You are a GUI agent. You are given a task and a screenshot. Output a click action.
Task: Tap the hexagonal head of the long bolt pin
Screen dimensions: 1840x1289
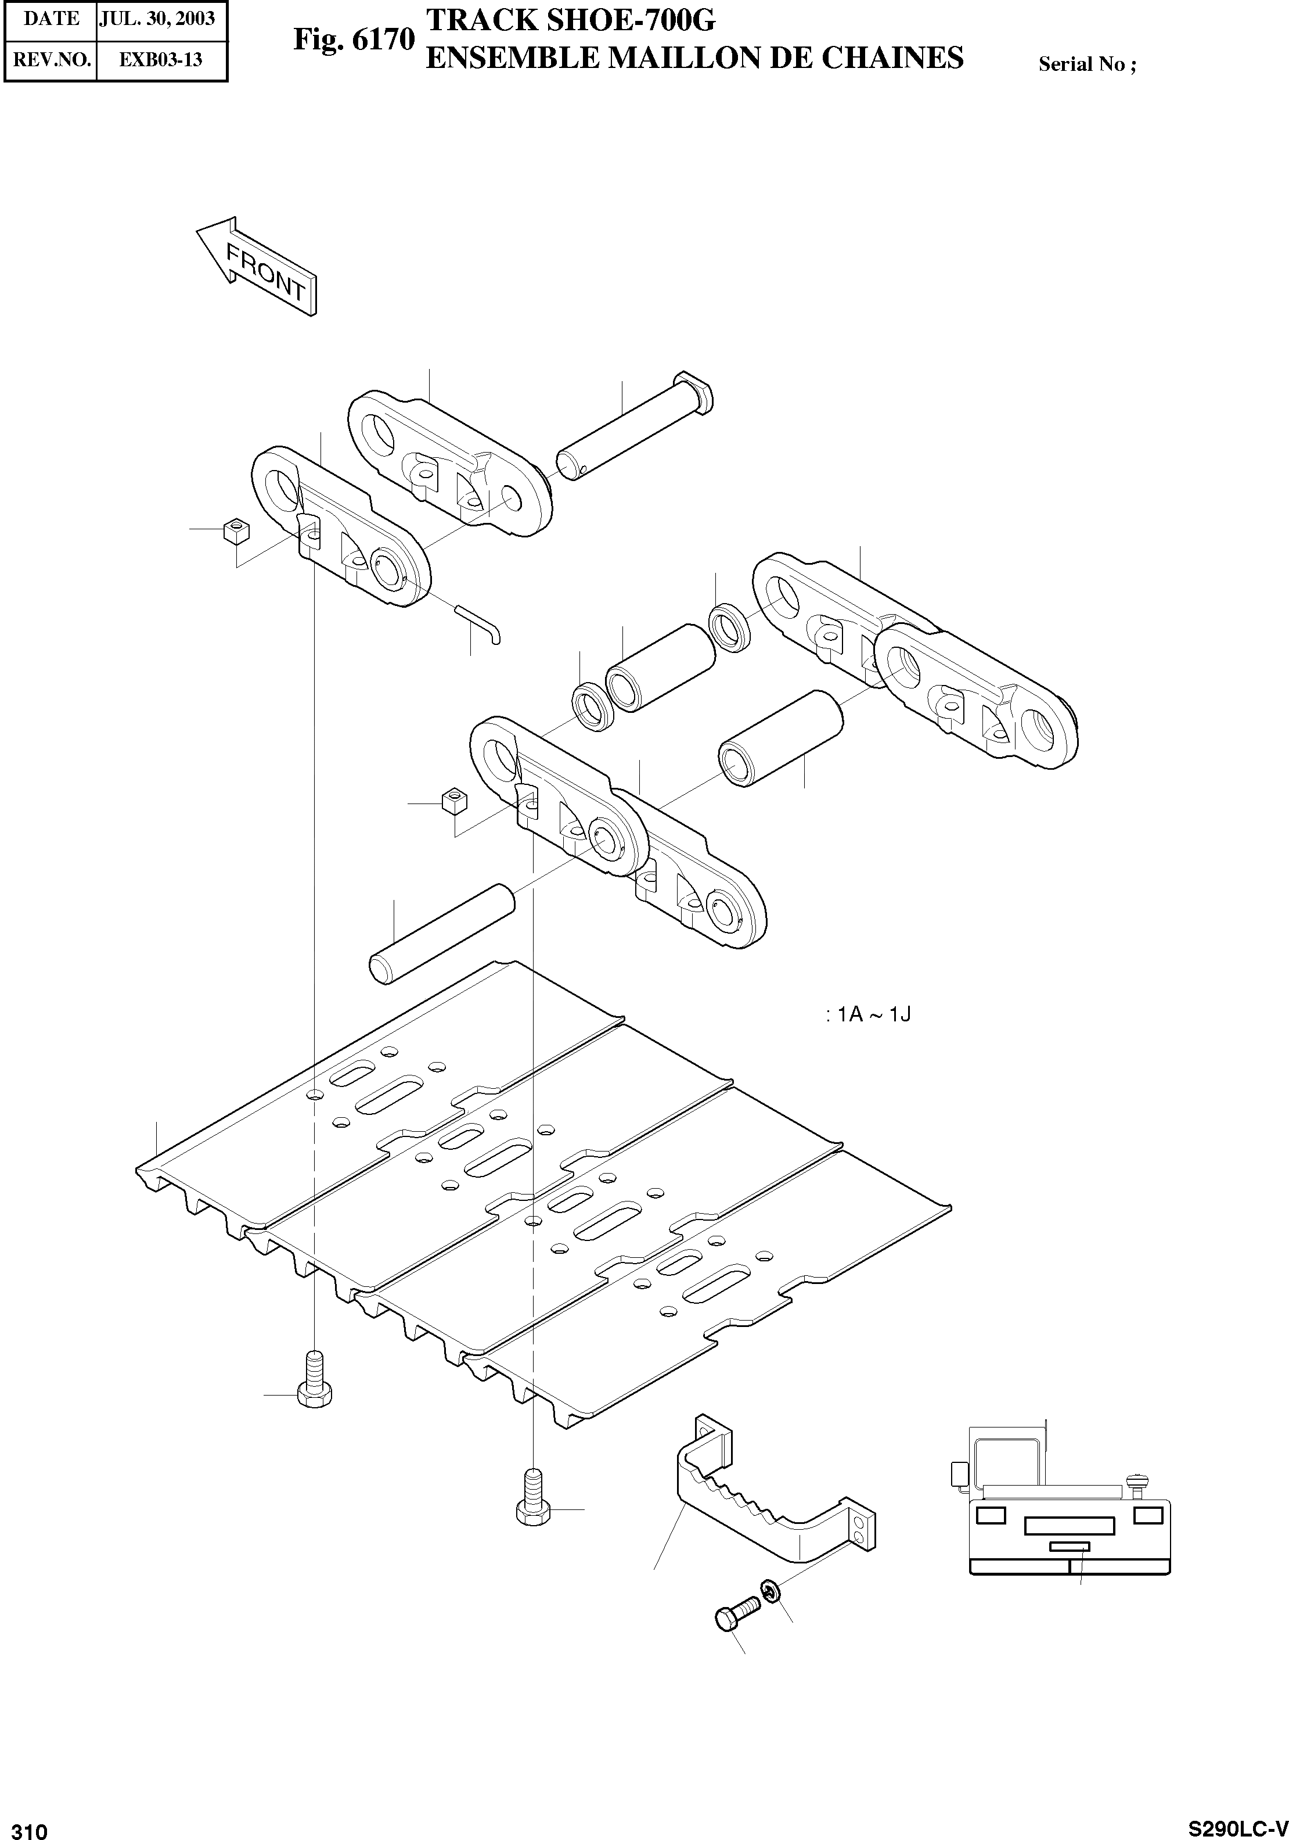coord(694,390)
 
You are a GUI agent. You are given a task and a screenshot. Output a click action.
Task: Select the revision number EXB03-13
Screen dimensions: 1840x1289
coord(161,60)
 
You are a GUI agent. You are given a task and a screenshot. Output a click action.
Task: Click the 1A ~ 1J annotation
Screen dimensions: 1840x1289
coord(869,1014)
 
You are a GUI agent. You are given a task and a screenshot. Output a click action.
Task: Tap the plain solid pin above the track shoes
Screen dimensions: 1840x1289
coord(441,934)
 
